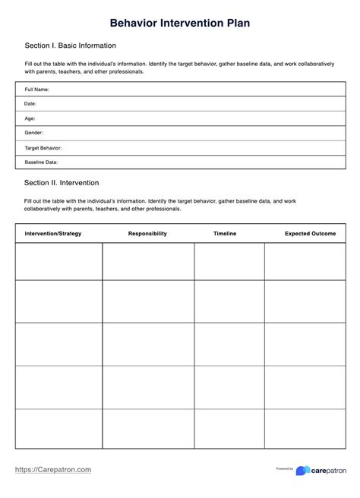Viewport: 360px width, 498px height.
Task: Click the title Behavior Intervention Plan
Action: pyautogui.click(x=179, y=24)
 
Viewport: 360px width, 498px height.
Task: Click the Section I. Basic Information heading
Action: pyautogui.click(x=70, y=46)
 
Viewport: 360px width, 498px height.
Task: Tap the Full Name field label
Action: pyautogui.click(x=37, y=90)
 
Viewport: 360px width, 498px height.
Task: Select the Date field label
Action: pyautogui.click(x=30, y=104)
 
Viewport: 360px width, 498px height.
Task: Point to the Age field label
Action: pyautogui.click(x=30, y=118)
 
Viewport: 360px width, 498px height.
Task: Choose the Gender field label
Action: pyautogui.click(x=34, y=133)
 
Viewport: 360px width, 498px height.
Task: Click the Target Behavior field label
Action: pyautogui.click(x=43, y=147)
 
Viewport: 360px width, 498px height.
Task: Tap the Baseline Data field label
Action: pyautogui.click(x=41, y=162)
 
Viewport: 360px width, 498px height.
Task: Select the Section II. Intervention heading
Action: pyautogui.click(x=62, y=183)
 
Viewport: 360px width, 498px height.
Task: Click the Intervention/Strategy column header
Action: pyautogui.click(x=53, y=233)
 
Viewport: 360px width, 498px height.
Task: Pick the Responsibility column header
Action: pyautogui.click(x=147, y=233)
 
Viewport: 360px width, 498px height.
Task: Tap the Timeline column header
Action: pyautogui.click(x=225, y=233)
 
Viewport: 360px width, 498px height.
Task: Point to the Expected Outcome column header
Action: pyautogui.click(x=310, y=233)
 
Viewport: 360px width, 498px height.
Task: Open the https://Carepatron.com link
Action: pyautogui.click(x=53, y=470)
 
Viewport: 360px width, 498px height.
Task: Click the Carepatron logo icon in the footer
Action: pyautogui.click(x=303, y=471)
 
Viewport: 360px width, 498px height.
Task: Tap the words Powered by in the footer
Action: pyautogui.click(x=285, y=469)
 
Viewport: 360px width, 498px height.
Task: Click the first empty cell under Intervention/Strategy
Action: pyautogui.click(x=59, y=261)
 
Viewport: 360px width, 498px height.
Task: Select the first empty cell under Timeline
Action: pyautogui.click(x=229, y=261)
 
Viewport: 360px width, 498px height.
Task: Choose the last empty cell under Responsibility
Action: pyautogui.click(x=148, y=428)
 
